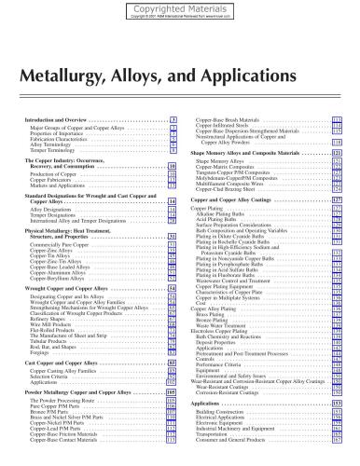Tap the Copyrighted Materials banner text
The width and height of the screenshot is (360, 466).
pyautogui.click(x=180, y=6)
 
